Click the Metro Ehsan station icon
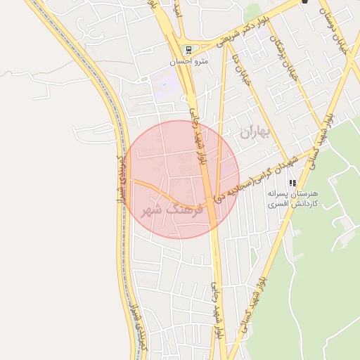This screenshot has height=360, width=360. pos(187,50)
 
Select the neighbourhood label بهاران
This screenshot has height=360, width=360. pos(255,131)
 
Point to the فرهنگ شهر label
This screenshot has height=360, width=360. pos(172,210)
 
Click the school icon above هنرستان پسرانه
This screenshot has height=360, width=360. pos(292,184)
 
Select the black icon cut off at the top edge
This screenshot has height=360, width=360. pos(304,2)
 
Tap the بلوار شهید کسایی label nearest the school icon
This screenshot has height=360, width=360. pos(321,138)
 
